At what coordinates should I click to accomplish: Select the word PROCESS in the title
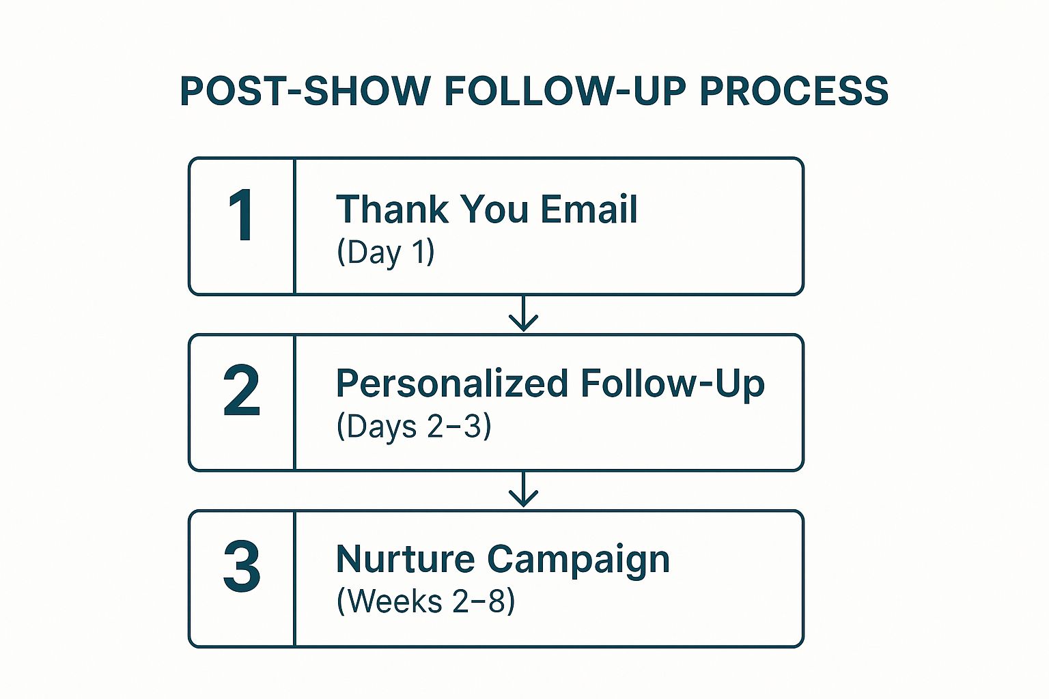(x=794, y=91)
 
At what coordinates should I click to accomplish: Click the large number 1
(x=241, y=216)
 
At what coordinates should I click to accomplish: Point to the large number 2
(x=242, y=391)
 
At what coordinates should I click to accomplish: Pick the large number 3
(x=242, y=567)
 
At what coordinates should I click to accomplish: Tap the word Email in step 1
(x=589, y=209)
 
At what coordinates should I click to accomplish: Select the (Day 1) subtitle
(x=386, y=253)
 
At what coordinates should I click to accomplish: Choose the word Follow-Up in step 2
(x=673, y=384)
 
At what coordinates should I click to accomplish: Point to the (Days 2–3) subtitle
(x=414, y=427)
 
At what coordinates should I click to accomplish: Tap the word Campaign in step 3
(x=578, y=560)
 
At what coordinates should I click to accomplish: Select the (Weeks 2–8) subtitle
(x=425, y=602)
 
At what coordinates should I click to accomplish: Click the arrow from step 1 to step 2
(x=523, y=315)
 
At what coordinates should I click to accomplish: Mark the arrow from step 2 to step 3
(x=523, y=490)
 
